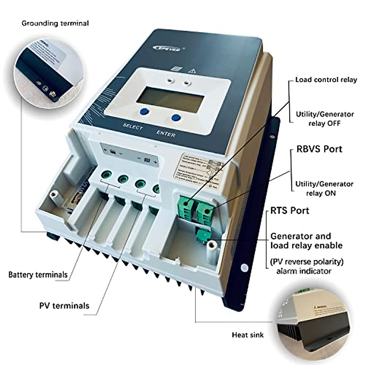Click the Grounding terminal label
pyautogui.click(x=55, y=23)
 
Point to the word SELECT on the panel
pyautogui.click(x=133, y=127)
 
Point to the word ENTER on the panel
pyautogui.click(x=166, y=133)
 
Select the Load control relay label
pyautogui.click(x=326, y=80)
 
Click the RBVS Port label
pyautogui.click(x=319, y=149)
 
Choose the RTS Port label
pyautogui.click(x=290, y=210)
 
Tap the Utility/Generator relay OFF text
pyautogui.click(x=325, y=119)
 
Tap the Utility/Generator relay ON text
pyautogui.click(x=324, y=188)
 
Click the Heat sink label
pyautogui.click(x=248, y=335)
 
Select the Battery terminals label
pyautogui.click(x=38, y=275)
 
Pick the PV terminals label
pyautogui.click(x=64, y=305)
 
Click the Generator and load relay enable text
pyautogui.click(x=306, y=241)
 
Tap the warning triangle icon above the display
pyautogui.click(x=191, y=71)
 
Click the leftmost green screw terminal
pyautogui.click(x=105, y=175)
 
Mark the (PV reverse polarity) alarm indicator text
pyautogui.click(x=307, y=266)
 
